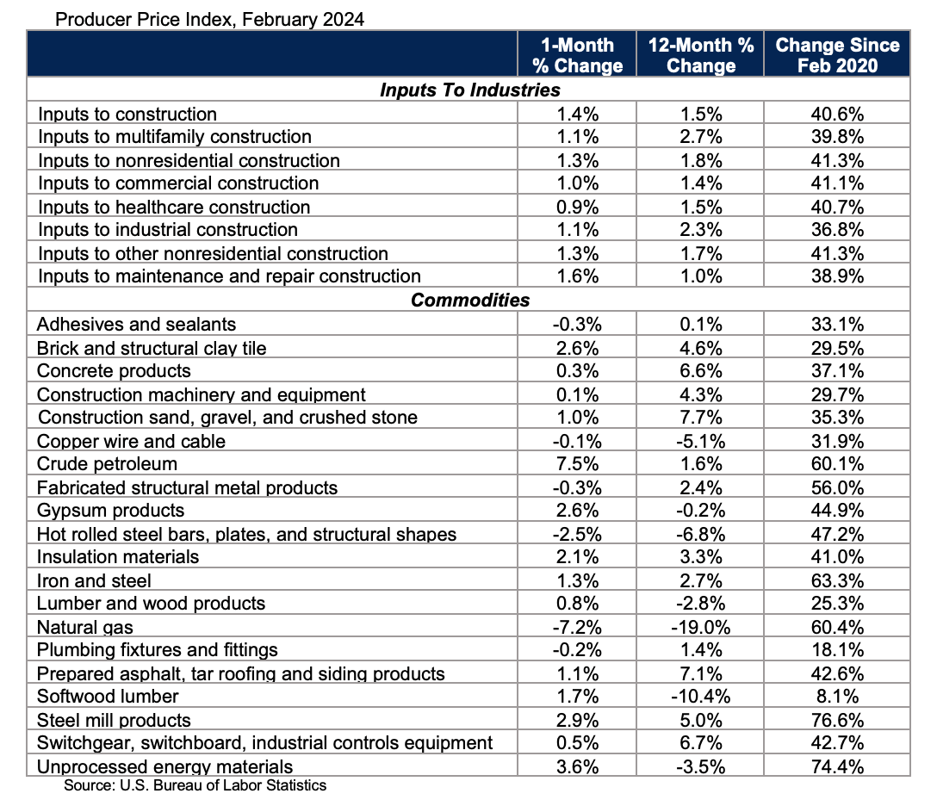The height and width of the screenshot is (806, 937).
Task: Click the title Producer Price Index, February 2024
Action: (x=209, y=19)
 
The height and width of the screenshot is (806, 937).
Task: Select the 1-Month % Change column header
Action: (x=576, y=55)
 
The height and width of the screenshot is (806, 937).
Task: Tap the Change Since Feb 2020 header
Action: (x=837, y=55)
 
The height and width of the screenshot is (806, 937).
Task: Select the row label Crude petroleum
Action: (x=108, y=464)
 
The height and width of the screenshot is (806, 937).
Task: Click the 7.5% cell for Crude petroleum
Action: (x=576, y=464)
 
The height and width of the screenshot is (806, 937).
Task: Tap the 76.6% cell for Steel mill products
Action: (x=837, y=720)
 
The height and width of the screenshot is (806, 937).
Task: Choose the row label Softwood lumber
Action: (x=108, y=697)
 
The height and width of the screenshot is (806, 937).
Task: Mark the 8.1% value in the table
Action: (x=837, y=697)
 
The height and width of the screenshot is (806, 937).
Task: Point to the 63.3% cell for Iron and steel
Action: (x=837, y=580)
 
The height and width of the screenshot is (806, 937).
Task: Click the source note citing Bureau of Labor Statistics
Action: (x=195, y=785)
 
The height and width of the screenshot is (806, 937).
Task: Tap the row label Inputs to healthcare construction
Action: (x=174, y=208)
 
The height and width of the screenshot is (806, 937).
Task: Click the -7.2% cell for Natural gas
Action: (x=576, y=627)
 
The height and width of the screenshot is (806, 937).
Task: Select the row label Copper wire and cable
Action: (x=131, y=441)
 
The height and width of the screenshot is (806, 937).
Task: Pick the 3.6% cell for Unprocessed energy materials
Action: (x=576, y=766)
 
